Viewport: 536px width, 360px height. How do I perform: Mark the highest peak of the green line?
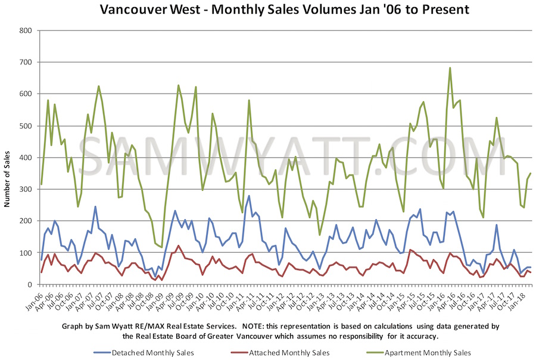[450, 68]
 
